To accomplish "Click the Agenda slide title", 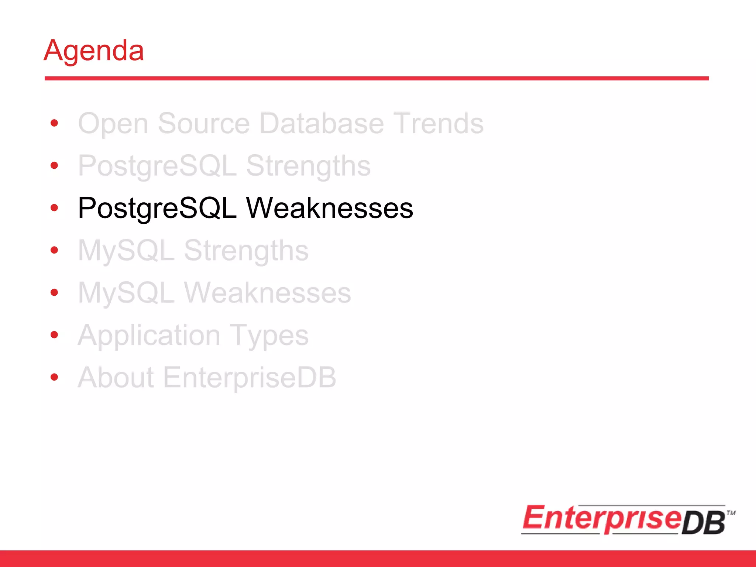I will click(x=94, y=51).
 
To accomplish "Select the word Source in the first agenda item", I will click(x=204, y=124).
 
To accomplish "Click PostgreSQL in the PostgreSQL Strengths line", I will click(x=157, y=166).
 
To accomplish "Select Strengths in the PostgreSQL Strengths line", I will click(x=308, y=166).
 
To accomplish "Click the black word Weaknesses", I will click(x=330, y=208).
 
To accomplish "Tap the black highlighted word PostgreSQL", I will click(x=157, y=208).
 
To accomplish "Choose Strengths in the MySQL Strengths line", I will click(x=246, y=251).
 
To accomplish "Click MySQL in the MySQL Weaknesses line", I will click(x=126, y=293).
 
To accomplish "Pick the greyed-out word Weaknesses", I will click(x=267, y=293).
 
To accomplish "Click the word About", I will click(x=116, y=378).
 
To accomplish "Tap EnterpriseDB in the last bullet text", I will click(x=250, y=378).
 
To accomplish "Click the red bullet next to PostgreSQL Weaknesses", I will click(x=55, y=208).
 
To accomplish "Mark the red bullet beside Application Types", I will click(x=55, y=335).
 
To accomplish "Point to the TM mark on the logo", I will click(x=731, y=513).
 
